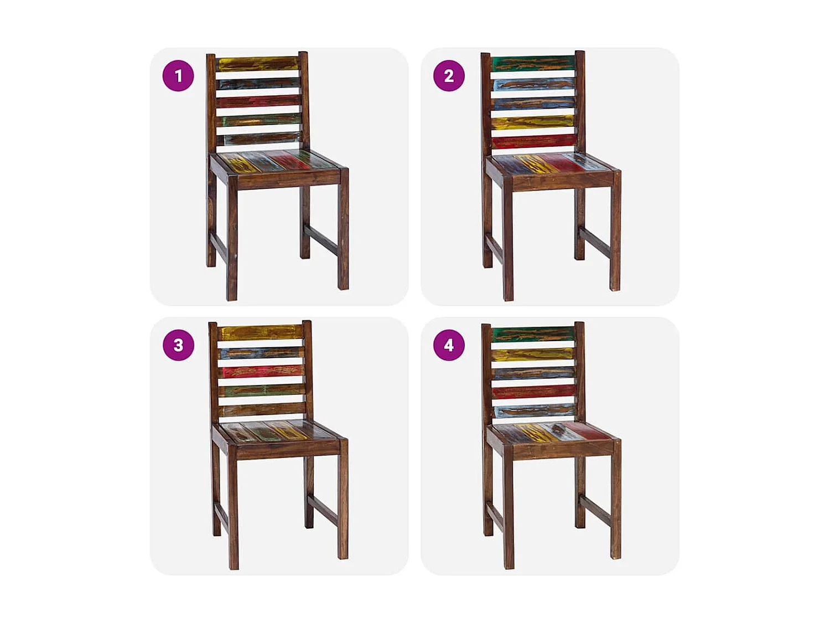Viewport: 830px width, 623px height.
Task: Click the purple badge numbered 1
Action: (178, 75)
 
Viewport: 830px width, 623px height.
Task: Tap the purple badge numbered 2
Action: (449, 75)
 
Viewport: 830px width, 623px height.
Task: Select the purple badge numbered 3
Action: (178, 345)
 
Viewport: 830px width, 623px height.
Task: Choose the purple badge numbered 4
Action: (449, 345)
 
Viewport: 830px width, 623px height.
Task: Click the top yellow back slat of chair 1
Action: (258, 64)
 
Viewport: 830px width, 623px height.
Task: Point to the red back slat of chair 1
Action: (258, 102)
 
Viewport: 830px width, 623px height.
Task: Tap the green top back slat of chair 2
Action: (533, 63)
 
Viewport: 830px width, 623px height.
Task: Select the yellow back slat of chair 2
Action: (533, 122)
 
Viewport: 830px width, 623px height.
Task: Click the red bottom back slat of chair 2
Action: (533, 142)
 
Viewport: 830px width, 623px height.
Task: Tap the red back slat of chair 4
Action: (533, 392)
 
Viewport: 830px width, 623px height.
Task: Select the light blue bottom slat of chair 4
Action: (533, 411)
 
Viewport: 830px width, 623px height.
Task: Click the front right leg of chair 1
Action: (343, 233)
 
